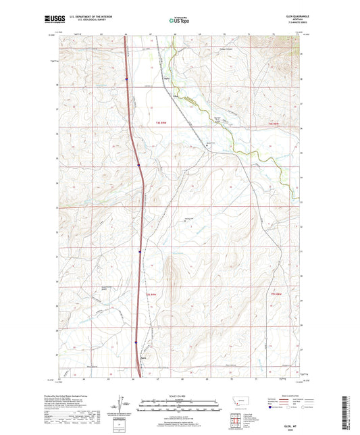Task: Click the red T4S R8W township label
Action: pos(274,124)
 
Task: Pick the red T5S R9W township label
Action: pos(152,294)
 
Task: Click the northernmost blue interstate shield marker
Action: pos(126,78)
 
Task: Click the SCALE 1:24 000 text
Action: pos(179,394)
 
